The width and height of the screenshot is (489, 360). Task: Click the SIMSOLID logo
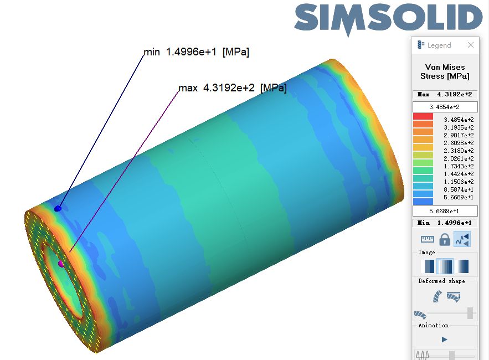(x=388, y=19)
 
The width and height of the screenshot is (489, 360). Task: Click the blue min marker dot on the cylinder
(x=58, y=208)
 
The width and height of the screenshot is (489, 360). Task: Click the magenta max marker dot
(x=61, y=264)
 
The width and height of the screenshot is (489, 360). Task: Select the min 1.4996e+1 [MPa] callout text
(x=196, y=52)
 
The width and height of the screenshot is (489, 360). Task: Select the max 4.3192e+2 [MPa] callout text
(x=233, y=88)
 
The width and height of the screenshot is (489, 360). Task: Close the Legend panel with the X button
(x=471, y=45)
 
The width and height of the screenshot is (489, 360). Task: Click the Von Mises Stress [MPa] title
(x=445, y=71)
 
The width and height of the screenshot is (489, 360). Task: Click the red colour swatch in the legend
(x=423, y=116)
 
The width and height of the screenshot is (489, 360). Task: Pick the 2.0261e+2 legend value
(x=459, y=158)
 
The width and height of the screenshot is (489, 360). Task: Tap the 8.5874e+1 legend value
(x=459, y=189)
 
